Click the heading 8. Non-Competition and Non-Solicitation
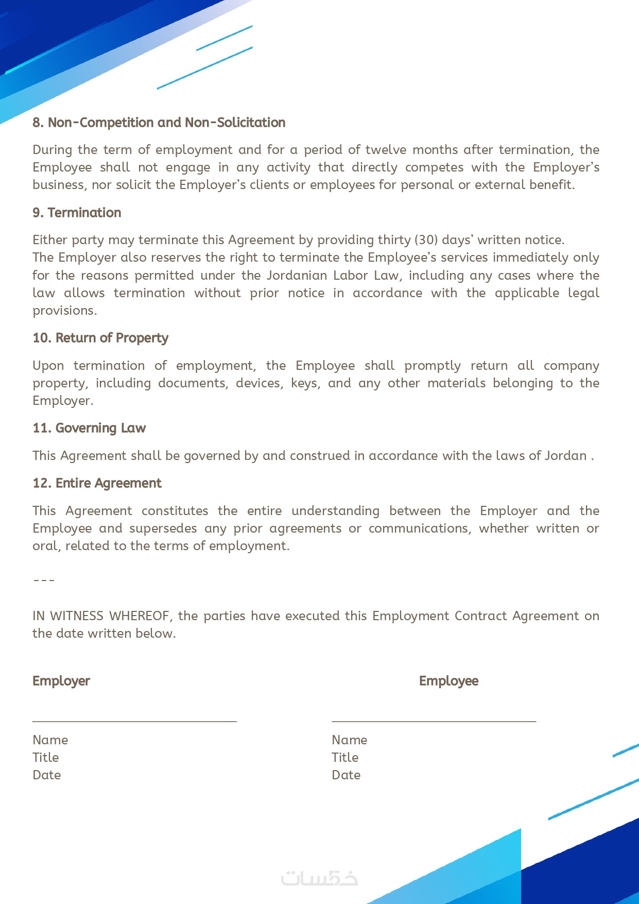[159, 123]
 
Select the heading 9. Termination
[77, 213]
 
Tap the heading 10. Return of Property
[100, 338]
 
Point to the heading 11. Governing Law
[89, 428]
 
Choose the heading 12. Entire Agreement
[97, 483]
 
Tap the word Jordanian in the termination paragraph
[297, 276]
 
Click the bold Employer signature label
[61, 681]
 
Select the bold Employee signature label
[448, 681]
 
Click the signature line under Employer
[134, 721]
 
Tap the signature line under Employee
[434, 721]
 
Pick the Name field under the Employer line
[50, 740]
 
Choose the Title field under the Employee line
[345, 758]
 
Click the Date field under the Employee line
[346, 775]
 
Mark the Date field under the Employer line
[47, 775]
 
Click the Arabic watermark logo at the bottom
[319, 878]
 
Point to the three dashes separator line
[44, 581]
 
